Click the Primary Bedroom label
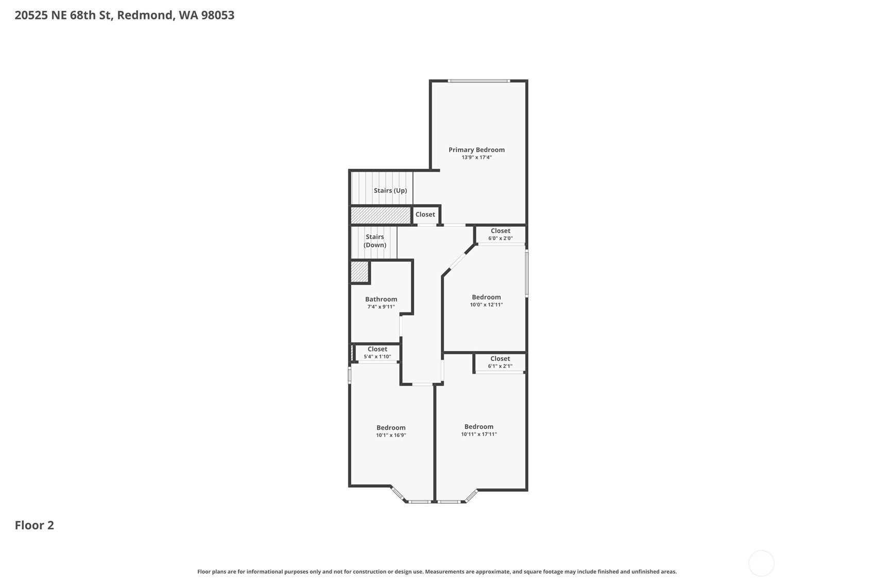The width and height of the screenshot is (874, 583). (x=476, y=149)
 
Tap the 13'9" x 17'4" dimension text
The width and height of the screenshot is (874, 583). (x=476, y=157)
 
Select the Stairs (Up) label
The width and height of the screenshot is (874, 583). (x=390, y=191)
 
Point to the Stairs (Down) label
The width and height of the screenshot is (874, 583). (x=375, y=241)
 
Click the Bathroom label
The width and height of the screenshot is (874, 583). (x=381, y=299)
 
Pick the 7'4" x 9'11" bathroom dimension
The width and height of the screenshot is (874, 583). (x=381, y=307)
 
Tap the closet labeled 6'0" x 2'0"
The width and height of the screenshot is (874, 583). (x=501, y=235)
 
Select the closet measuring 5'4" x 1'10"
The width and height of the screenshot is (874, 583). (x=378, y=353)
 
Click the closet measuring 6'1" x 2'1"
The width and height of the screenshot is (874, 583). (x=500, y=362)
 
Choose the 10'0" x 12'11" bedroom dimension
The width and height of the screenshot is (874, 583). (x=486, y=305)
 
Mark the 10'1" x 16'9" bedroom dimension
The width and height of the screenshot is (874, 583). (x=391, y=435)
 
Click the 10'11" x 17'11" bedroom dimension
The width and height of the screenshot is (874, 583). (x=479, y=434)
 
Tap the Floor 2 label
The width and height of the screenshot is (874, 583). (x=35, y=525)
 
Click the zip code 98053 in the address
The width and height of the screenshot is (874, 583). (x=217, y=15)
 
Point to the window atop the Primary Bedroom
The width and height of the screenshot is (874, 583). (x=479, y=81)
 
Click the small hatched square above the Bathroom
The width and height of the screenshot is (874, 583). (x=359, y=271)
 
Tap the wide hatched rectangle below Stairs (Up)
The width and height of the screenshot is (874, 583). (x=381, y=215)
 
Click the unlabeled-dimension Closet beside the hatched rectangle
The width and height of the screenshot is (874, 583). (x=426, y=215)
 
